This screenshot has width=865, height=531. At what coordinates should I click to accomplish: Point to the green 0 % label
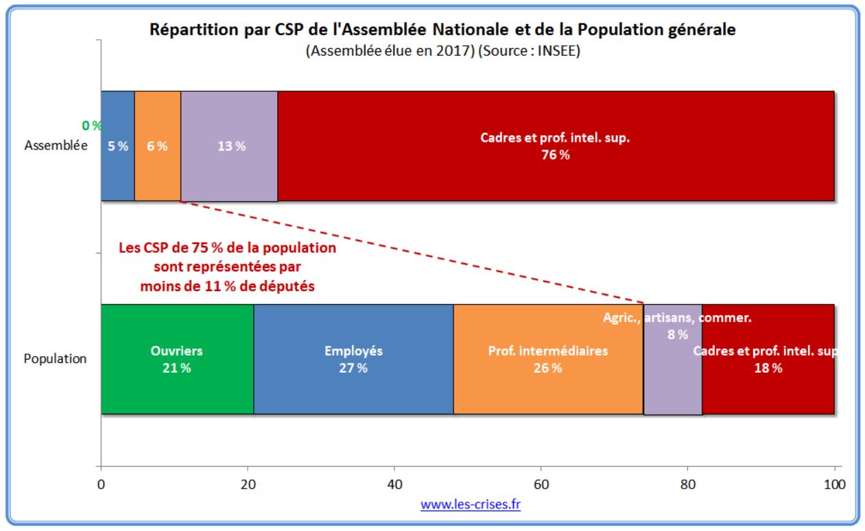91,126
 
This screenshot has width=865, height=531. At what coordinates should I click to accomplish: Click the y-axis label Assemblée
56,146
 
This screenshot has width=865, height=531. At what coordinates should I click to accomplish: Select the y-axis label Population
56,359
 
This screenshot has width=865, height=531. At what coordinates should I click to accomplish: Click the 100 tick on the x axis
833,482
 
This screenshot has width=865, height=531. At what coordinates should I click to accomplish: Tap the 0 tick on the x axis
102,482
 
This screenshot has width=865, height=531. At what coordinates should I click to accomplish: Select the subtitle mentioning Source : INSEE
443,53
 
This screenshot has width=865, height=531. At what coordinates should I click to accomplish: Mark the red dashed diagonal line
412,251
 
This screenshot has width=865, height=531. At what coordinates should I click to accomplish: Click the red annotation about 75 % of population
227,267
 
